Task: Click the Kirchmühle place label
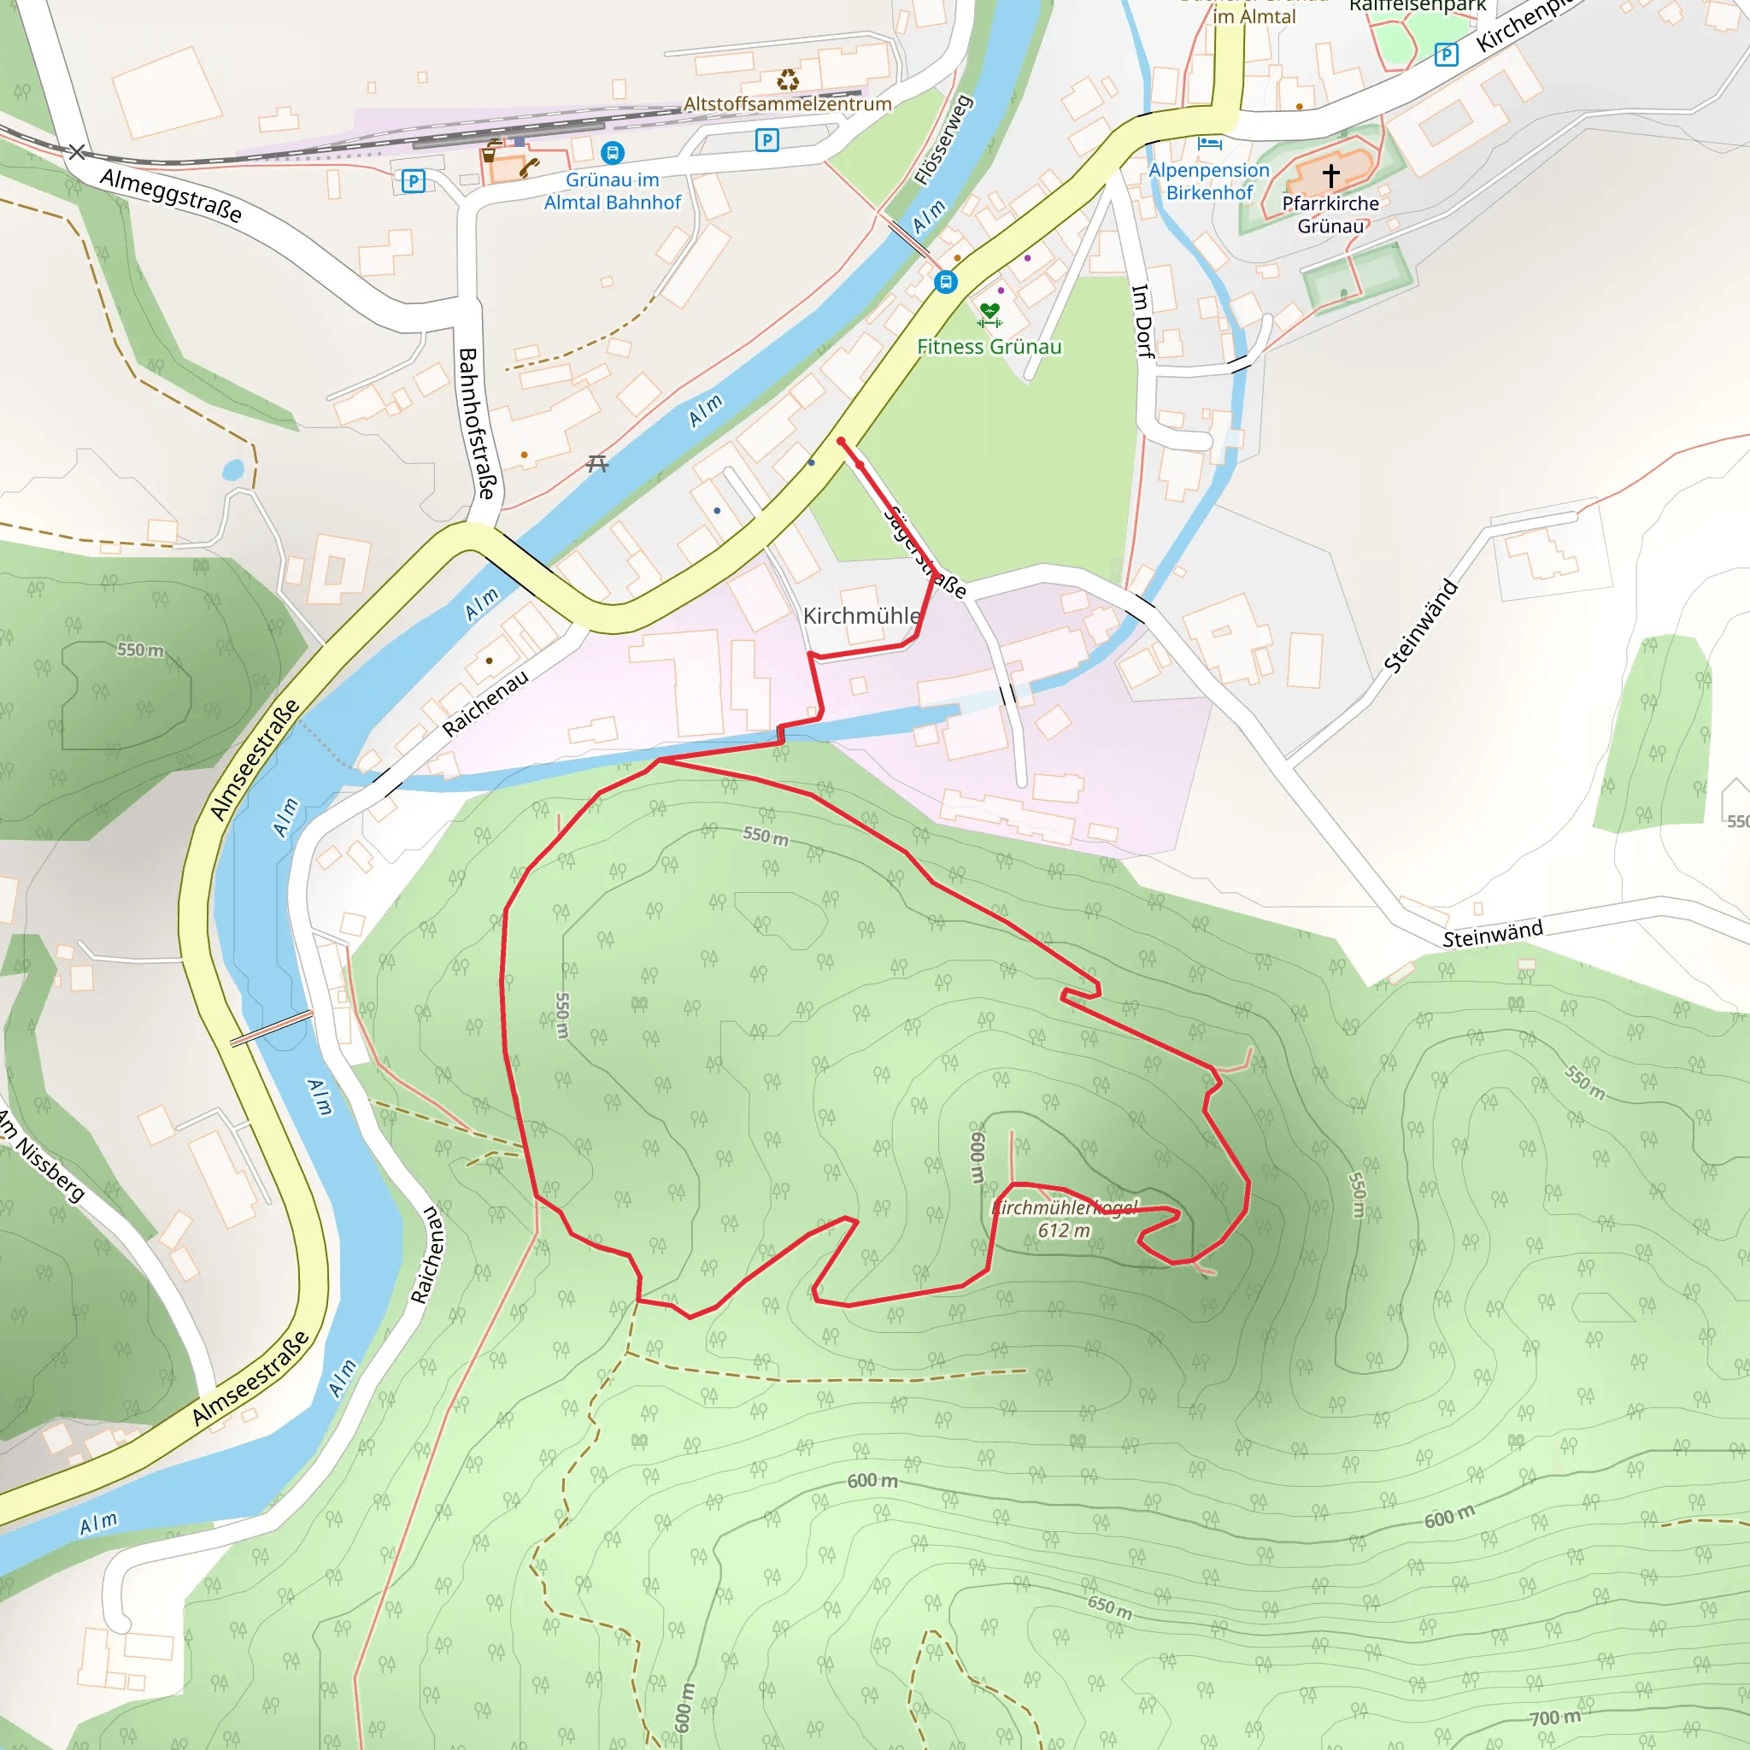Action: coord(861,616)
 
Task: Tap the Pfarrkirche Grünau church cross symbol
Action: coord(1330,174)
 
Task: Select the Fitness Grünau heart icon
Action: coord(990,314)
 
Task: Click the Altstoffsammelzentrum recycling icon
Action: coord(788,80)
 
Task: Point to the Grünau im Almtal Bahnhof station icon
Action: coord(613,153)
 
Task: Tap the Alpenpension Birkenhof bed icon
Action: coord(1209,143)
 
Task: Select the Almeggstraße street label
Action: coord(171,195)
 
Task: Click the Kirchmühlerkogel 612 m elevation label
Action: coord(1065,1219)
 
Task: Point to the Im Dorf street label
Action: coord(1143,320)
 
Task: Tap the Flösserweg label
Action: coord(943,139)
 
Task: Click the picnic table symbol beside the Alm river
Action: coord(597,464)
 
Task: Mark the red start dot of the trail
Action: coord(841,441)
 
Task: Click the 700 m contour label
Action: coord(1554,1718)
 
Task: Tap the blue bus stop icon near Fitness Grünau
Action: coord(946,283)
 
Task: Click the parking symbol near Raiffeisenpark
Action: coord(1446,56)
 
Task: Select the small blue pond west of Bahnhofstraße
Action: coord(232,470)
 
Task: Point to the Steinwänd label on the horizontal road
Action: coord(1492,934)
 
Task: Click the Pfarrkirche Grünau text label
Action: coord(1330,214)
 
